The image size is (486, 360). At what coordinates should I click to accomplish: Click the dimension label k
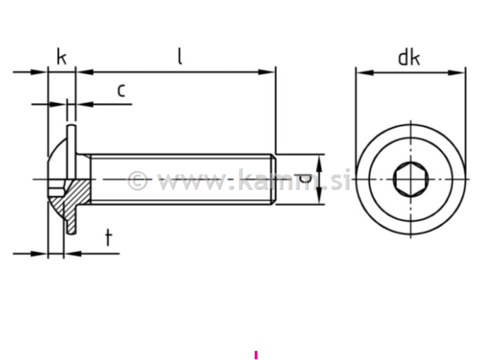(x=61, y=56)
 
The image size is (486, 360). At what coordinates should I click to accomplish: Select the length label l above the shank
(x=180, y=56)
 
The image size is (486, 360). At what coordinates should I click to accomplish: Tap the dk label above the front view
(x=408, y=57)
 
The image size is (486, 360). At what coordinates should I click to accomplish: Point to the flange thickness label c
(x=121, y=90)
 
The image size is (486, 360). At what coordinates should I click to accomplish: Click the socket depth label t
(x=108, y=237)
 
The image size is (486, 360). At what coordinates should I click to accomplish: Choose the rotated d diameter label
(x=303, y=179)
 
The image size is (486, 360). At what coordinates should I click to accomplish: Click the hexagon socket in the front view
(x=410, y=179)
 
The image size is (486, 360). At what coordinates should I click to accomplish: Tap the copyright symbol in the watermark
(x=138, y=181)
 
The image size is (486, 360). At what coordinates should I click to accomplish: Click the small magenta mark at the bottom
(x=256, y=355)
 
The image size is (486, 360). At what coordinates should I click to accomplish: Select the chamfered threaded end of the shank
(x=272, y=179)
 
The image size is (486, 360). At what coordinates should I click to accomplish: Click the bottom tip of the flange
(x=71, y=232)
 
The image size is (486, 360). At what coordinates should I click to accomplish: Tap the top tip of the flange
(x=71, y=127)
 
